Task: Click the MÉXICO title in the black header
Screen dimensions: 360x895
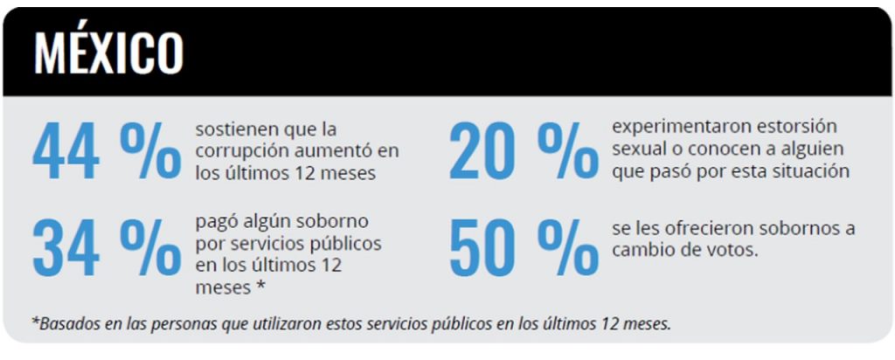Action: click(x=108, y=54)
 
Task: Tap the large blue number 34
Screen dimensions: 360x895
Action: click(x=66, y=248)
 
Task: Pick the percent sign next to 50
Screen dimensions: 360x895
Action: click(x=567, y=248)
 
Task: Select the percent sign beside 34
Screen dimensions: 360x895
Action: click(x=149, y=248)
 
